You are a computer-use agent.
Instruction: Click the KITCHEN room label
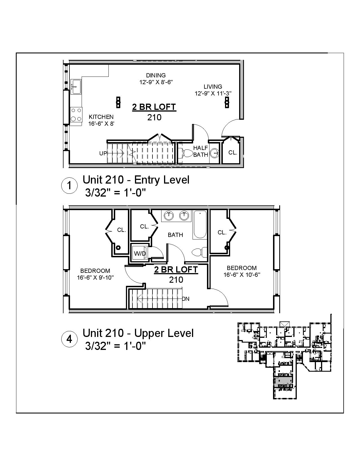(x=101, y=117)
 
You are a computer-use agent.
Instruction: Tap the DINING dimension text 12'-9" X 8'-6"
(x=156, y=82)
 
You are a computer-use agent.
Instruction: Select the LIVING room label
(x=213, y=87)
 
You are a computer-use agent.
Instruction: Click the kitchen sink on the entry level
(x=76, y=86)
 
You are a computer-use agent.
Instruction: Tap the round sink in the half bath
(x=215, y=153)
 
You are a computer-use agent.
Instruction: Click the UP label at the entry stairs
(x=103, y=153)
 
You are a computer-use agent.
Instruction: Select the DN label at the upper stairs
(x=186, y=299)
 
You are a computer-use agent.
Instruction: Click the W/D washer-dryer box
(x=140, y=253)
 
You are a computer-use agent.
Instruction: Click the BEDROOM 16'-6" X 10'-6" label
(x=242, y=271)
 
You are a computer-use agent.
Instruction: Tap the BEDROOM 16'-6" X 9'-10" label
(x=95, y=274)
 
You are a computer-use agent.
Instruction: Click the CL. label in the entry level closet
(x=233, y=153)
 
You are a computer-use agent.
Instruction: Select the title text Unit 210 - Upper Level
(x=138, y=333)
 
